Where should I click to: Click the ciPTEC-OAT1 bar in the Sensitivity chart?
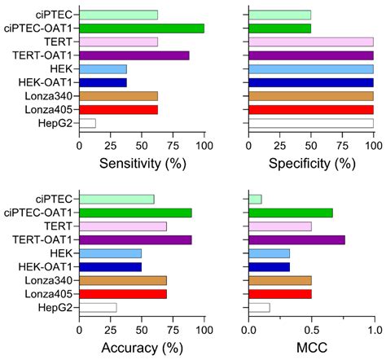[141, 29]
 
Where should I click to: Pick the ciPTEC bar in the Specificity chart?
[279, 15]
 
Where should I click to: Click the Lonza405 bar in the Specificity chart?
[310, 109]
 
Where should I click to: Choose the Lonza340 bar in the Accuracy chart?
[122, 280]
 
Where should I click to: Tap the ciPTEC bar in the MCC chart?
[255, 199]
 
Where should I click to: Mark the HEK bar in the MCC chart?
[269, 253]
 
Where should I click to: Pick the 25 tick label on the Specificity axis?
[279, 144]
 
